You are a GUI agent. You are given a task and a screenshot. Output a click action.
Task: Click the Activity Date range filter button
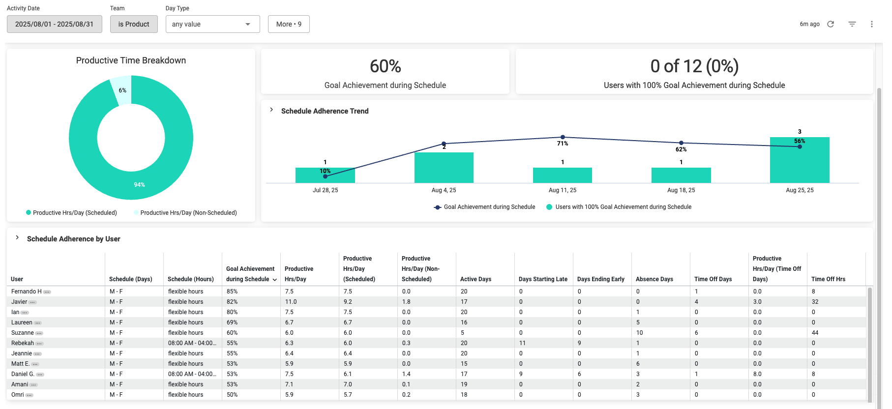tap(54, 24)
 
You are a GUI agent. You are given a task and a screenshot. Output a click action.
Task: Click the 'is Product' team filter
tap(134, 24)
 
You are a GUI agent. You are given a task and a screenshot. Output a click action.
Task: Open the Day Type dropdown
tap(212, 24)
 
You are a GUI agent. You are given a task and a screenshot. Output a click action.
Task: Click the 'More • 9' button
tap(289, 24)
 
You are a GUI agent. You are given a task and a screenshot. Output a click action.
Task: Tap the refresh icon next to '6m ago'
tap(831, 24)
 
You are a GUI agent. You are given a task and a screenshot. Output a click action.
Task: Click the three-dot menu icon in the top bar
tap(871, 24)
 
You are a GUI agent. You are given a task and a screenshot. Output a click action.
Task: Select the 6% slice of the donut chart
tap(122, 89)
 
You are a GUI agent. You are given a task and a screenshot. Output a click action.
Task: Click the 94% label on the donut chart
tap(139, 185)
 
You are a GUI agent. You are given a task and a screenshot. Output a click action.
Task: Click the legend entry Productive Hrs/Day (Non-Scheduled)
tap(188, 213)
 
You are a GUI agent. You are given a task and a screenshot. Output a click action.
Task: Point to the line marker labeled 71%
tap(563, 137)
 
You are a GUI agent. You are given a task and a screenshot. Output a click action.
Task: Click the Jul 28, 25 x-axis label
tap(325, 190)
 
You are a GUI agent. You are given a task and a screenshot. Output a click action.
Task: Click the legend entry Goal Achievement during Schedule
tap(489, 207)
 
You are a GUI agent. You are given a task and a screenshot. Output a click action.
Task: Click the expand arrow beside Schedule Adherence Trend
tap(271, 110)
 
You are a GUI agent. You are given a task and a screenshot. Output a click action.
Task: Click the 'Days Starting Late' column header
tap(543, 279)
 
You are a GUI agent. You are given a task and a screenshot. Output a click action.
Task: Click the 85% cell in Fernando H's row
tap(232, 292)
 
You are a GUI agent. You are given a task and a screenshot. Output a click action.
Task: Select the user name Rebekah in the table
tap(23, 343)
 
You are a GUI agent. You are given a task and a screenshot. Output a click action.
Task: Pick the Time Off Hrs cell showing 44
tap(815, 333)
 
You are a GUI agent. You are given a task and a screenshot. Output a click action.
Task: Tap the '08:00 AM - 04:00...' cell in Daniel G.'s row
tap(192, 374)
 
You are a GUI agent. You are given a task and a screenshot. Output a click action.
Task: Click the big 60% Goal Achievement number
tap(385, 66)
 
